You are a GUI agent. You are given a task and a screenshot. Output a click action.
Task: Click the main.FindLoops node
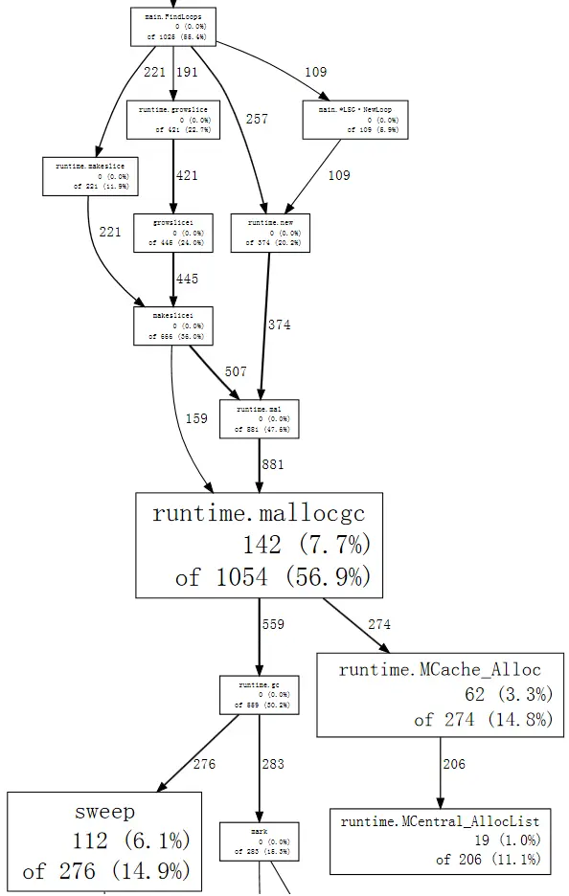click(172, 26)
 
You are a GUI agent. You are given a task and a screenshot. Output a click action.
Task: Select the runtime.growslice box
click(172, 120)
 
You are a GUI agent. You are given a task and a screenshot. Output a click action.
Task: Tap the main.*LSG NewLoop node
click(353, 120)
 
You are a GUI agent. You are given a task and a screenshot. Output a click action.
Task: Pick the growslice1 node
click(172, 233)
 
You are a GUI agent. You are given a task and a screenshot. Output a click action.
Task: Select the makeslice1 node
click(172, 325)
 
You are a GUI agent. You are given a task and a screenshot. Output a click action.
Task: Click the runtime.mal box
click(259, 419)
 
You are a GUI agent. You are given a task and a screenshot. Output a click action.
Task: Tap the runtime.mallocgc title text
click(259, 513)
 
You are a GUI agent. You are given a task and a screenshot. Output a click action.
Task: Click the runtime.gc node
click(259, 695)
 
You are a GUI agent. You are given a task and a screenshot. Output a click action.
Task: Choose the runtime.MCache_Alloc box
click(440, 695)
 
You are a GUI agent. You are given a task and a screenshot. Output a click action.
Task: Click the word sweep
click(104, 812)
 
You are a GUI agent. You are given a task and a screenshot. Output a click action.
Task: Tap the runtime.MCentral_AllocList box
click(440, 840)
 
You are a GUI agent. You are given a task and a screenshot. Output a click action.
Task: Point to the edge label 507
click(235, 371)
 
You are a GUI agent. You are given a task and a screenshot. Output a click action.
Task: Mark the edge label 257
click(257, 120)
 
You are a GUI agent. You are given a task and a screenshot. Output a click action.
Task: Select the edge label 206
click(455, 764)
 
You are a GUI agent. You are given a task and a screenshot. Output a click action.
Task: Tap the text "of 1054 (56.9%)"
click(272, 577)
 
